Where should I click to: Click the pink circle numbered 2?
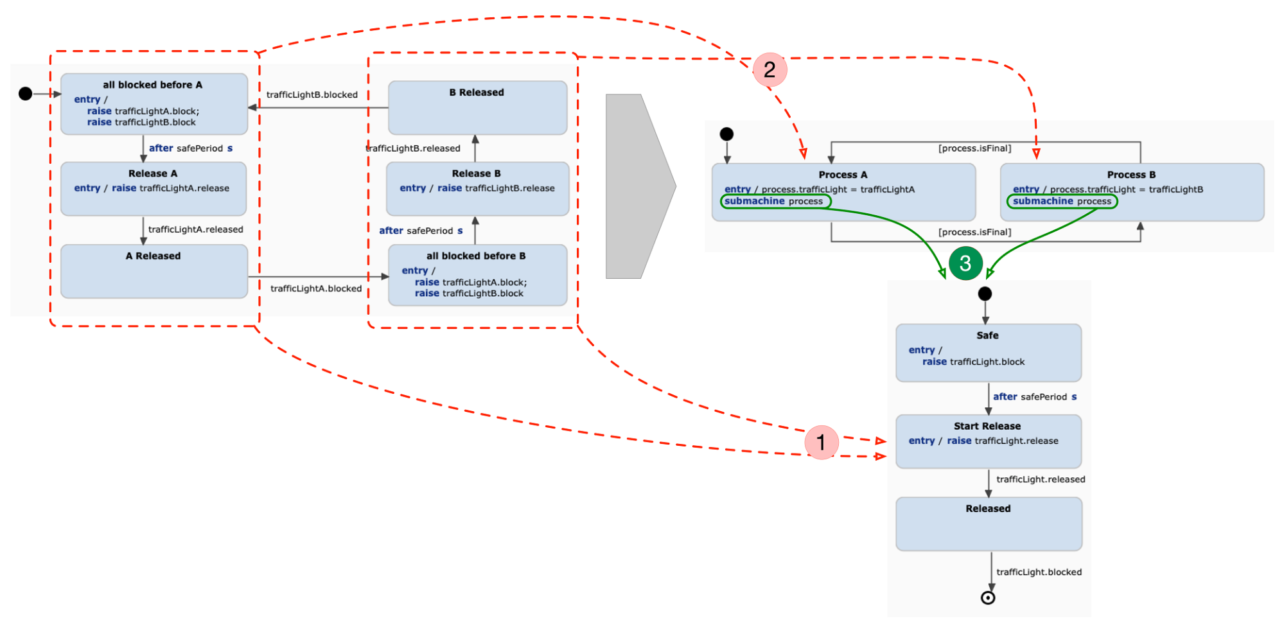coord(769,69)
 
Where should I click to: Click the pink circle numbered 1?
coord(821,442)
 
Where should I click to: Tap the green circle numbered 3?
coord(965,263)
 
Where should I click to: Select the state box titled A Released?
coord(154,271)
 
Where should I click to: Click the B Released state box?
coord(477,107)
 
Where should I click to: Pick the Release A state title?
coord(153,173)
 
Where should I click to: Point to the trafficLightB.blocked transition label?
coord(312,94)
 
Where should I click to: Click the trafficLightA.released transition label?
coord(195,229)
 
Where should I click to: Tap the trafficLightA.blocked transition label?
coord(316,288)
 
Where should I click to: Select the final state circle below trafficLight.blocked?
coord(988,598)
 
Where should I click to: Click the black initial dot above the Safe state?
coord(985,294)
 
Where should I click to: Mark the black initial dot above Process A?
coord(726,134)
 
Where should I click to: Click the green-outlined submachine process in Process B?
coord(1062,201)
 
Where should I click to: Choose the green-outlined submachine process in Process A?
coord(775,201)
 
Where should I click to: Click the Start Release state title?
coord(987,426)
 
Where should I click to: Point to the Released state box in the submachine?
coord(989,524)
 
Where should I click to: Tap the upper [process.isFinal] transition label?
coord(974,148)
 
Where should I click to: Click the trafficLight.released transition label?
coord(1040,479)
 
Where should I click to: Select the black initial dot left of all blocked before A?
coord(25,94)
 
